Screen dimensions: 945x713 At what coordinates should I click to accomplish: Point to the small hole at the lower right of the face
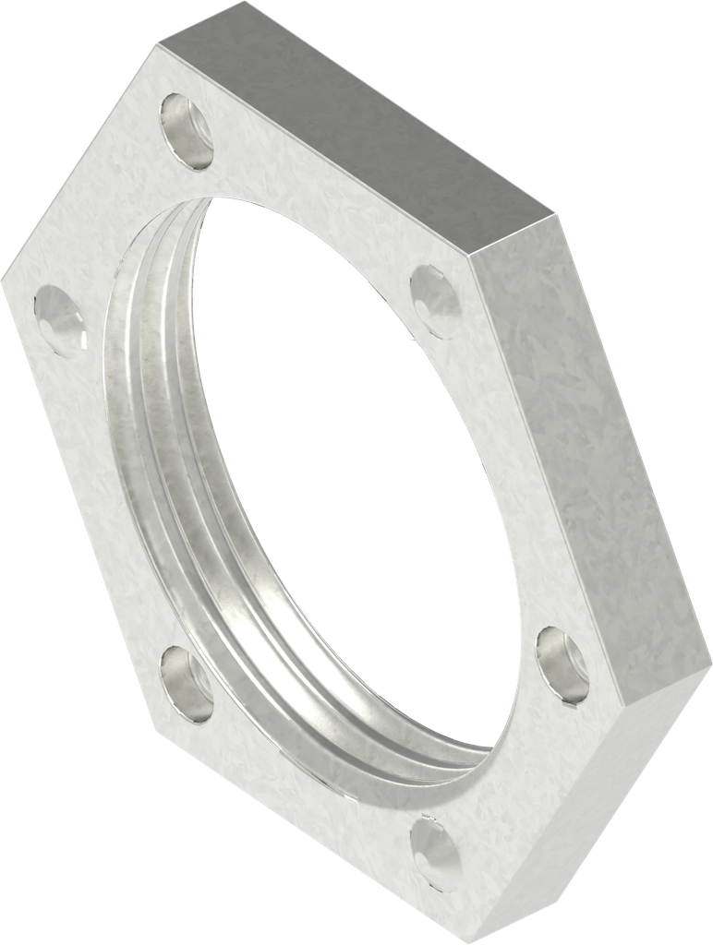pos(562,661)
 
